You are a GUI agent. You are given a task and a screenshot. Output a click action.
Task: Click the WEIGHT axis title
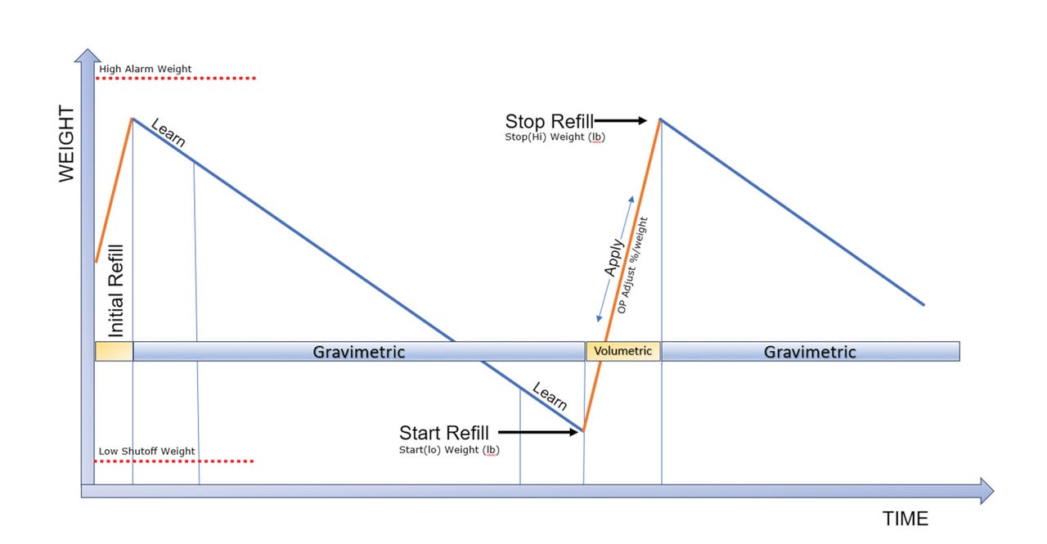point(66,144)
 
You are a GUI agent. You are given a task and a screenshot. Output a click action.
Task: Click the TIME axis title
point(905,519)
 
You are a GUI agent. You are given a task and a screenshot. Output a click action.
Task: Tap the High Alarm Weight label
point(146,69)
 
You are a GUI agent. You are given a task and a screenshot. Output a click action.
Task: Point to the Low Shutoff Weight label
point(147,451)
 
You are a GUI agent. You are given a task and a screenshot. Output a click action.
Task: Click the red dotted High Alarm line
point(176,79)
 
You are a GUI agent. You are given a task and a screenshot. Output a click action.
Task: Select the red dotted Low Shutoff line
point(174,461)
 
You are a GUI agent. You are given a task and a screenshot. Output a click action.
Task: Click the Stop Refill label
point(550,122)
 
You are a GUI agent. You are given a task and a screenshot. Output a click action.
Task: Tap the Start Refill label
point(444,433)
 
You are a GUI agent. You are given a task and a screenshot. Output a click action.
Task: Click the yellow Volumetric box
point(623,351)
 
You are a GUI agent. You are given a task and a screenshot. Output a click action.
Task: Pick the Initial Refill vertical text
point(115,290)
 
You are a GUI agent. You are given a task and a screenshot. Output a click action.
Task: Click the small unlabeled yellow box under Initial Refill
point(114,351)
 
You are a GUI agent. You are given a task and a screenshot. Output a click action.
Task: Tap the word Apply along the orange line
point(614,257)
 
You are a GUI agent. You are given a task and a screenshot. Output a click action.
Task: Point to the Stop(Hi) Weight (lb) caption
point(555,137)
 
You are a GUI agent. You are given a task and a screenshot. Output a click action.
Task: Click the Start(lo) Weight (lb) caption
point(449,449)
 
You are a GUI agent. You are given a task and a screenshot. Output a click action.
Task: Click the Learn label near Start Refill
point(550,397)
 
